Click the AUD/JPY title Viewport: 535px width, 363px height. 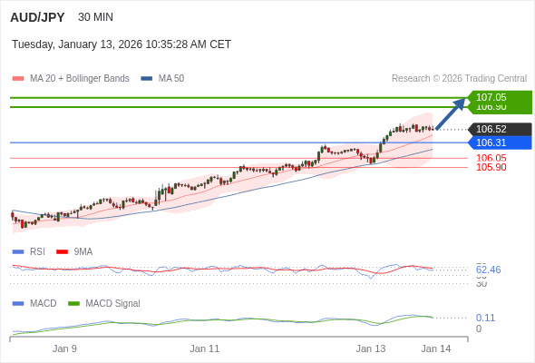coord(37,17)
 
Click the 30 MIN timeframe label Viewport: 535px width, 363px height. coord(96,17)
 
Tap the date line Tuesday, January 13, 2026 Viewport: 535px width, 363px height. coord(122,44)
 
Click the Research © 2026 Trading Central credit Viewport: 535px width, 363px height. coord(459,79)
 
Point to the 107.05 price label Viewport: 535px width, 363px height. coord(491,96)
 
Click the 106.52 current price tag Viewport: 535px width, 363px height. coord(491,129)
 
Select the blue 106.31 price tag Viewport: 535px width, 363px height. coord(491,142)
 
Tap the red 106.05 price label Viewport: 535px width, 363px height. coord(491,158)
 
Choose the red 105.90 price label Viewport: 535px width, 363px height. coord(491,167)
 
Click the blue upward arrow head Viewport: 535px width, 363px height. coord(460,103)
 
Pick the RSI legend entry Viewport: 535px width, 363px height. coord(36,251)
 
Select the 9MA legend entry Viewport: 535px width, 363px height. coord(83,251)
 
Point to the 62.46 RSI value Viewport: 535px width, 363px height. coord(488,270)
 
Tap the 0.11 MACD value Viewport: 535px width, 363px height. coord(485,318)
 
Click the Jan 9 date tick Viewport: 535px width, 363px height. coord(64,348)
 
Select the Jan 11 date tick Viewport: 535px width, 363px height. coord(205,348)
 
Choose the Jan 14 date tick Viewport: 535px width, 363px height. coord(435,348)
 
